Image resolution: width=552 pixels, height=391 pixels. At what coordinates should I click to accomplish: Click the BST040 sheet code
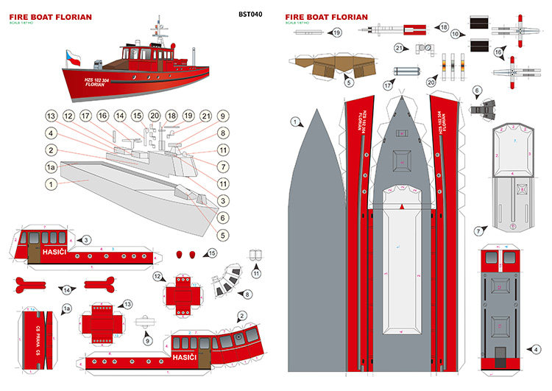pos(250,14)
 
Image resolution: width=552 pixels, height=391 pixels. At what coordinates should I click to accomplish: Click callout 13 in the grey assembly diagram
pos(51,116)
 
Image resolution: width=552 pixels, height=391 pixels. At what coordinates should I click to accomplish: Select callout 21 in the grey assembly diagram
pos(206,116)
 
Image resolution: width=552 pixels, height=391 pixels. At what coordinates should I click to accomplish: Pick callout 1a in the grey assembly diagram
pos(51,168)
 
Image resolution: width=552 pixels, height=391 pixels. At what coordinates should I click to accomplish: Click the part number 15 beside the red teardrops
pos(212,253)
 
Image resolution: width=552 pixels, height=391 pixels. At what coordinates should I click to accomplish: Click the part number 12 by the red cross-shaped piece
pos(158,276)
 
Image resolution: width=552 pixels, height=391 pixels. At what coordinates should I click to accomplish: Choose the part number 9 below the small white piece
pos(148,340)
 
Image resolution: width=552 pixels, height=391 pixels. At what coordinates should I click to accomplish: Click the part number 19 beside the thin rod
pos(337,32)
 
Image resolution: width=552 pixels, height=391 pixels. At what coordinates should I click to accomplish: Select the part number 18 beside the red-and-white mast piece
pos(443,27)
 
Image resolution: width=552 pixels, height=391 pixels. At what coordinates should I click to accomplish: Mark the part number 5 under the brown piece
pos(347,84)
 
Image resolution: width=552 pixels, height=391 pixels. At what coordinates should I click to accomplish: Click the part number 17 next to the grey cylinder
pos(387,85)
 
